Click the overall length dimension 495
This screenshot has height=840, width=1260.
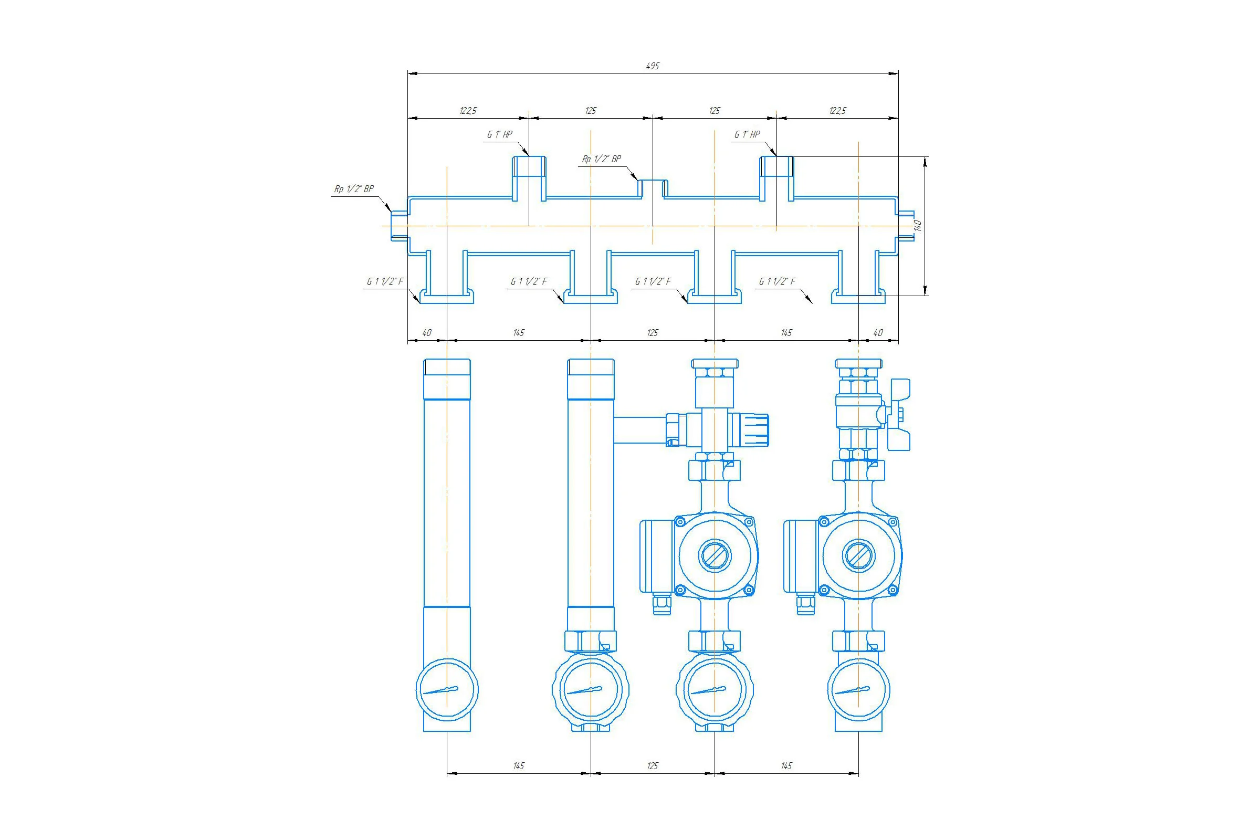[x=653, y=66]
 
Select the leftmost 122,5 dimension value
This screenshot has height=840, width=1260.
[x=468, y=111]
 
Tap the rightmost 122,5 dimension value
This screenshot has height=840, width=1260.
[x=837, y=111]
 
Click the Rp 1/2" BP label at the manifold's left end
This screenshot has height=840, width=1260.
[x=354, y=189]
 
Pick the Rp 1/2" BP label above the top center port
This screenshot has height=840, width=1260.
[x=602, y=159]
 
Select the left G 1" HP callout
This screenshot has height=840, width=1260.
[x=499, y=134]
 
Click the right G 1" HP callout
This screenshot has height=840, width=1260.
[x=747, y=134]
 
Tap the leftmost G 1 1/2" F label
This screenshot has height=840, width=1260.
[x=385, y=281]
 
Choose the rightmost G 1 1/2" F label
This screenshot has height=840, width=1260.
[x=778, y=281]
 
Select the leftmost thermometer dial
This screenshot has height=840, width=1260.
[x=447, y=689]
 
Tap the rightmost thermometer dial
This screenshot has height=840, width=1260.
[x=858, y=689]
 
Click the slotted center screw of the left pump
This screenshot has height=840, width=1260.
[x=715, y=554]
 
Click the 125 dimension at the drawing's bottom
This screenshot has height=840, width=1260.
[x=653, y=766]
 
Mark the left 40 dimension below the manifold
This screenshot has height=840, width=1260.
[x=427, y=333]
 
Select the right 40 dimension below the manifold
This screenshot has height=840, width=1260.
[x=878, y=333]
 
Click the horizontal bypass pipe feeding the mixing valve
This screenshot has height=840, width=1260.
[x=640, y=429]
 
